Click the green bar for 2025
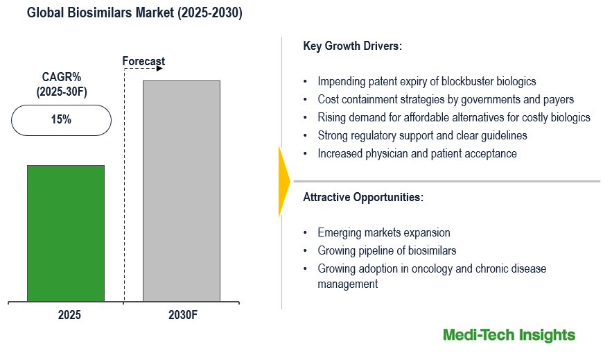[x=66, y=233]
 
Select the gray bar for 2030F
[x=181, y=191]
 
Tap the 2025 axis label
[x=69, y=315]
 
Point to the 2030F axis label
[x=183, y=315]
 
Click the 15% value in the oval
[x=61, y=119]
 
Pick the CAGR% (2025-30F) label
[x=61, y=83]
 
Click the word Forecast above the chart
[x=143, y=62]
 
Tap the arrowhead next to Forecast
[x=160, y=69]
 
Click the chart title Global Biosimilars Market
[x=134, y=14]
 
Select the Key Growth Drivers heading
[x=353, y=46]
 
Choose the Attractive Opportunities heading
[x=363, y=197]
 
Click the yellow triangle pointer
[x=283, y=182]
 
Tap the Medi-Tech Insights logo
[x=509, y=336]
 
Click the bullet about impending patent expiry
[x=426, y=81]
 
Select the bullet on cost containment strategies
[x=446, y=99]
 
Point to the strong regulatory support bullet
[x=422, y=135]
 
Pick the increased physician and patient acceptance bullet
[x=417, y=153]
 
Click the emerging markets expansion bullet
[x=383, y=232]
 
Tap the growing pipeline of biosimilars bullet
[x=387, y=250]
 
